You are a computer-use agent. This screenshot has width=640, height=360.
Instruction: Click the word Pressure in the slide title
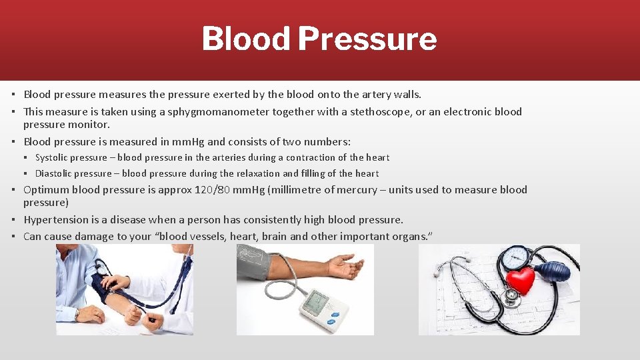[x=367, y=39]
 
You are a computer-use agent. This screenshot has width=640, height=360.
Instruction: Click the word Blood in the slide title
[x=245, y=39]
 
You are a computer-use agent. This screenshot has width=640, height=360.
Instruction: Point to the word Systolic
[x=53, y=158]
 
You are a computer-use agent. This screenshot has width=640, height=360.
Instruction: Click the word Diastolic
[x=55, y=173]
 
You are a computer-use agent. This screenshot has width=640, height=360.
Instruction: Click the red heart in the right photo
[x=521, y=280]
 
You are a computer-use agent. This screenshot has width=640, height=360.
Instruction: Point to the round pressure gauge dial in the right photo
[x=516, y=257]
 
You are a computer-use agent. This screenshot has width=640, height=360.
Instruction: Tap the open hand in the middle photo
[x=345, y=266]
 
